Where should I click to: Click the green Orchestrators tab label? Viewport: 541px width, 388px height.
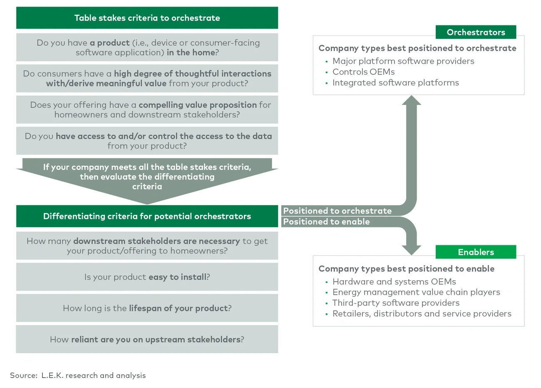pos(476,32)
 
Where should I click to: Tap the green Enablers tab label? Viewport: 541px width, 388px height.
pos(476,252)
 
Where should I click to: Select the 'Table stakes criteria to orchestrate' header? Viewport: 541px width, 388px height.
pos(147,18)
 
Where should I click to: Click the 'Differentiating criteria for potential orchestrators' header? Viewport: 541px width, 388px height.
pos(147,216)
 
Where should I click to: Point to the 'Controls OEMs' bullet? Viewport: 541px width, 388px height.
pos(363,72)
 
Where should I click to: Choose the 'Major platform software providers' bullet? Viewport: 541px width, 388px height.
pos(403,61)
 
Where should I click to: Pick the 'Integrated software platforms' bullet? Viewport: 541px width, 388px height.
pos(395,82)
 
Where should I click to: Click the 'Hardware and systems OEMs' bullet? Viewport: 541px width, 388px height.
pos(394,281)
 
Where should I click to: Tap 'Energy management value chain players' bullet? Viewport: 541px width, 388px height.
pos(416,292)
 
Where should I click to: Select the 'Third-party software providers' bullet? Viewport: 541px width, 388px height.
pos(396,303)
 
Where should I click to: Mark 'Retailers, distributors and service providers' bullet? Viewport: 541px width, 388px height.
pos(422,313)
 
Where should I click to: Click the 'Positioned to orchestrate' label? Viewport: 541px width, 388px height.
pos(338,211)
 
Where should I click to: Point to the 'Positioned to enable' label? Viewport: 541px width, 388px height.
pos(326,221)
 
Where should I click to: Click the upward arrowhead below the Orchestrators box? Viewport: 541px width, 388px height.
pos(411,100)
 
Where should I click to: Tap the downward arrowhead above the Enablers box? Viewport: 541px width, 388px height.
pos(411,249)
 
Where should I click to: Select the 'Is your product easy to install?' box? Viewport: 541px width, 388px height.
pos(147,277)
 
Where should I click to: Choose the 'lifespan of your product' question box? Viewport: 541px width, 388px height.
pos(147,308)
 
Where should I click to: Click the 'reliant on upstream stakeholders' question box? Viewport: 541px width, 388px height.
pos(147,339)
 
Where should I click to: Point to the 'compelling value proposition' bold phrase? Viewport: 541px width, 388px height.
pos(198,105)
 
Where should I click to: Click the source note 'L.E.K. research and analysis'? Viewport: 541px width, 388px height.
pos(93,375)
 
